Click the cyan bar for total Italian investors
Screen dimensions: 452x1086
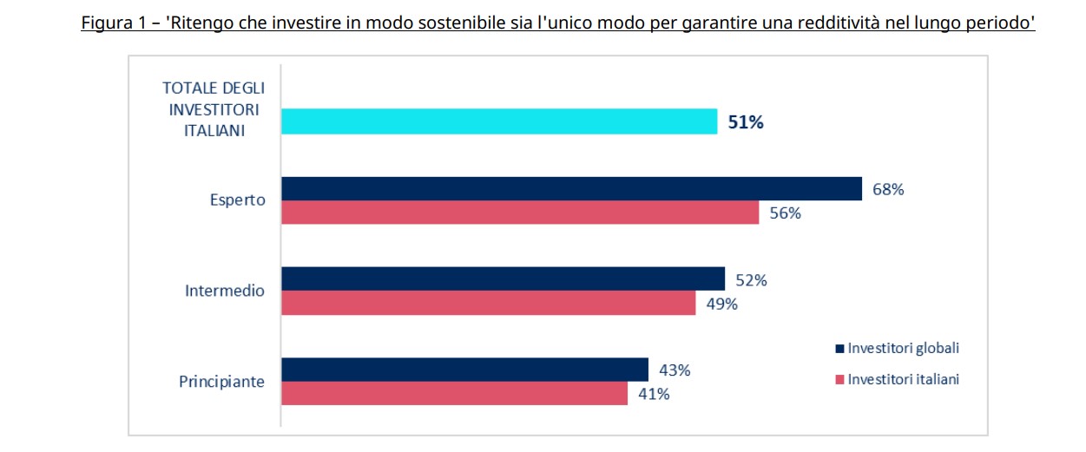coord(499,121)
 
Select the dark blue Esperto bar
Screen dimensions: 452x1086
coord(571,188)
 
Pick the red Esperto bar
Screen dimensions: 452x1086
coord(520,213)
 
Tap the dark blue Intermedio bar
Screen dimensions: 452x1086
coord(503,278)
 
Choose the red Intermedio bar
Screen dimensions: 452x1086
coord(488,303)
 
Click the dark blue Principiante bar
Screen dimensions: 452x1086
coord(464,370)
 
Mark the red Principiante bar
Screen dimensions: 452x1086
coord(454,393)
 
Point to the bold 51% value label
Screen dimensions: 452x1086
coord(746,122)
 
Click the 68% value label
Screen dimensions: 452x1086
coord(888,190)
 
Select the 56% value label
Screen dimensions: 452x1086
coord(785,213)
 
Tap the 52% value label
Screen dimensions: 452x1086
coord(751,280)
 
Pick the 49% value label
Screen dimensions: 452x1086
coord(721,304)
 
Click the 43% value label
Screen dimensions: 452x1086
coord(675,370)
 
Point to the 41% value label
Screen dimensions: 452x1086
coord(654,394)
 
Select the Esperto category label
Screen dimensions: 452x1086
coord(237,200)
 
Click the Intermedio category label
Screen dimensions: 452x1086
coord(225,291)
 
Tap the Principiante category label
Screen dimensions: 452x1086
coord(221,381)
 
